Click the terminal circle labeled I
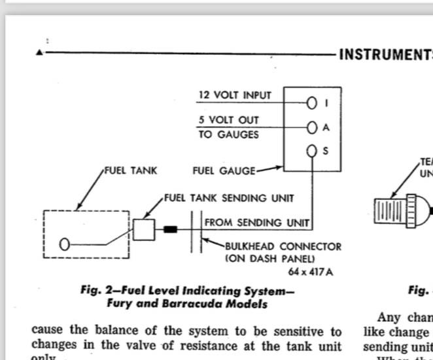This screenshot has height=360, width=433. [x=311, y=103]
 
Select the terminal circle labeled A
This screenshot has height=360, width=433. [x=311, y=127]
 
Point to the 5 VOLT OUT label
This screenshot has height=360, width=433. [x=229, y=120]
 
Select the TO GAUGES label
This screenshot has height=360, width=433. [x=229, y=135]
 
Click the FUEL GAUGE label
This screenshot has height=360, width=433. [x=224, y=171]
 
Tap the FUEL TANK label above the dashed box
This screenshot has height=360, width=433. [x=130, y=171]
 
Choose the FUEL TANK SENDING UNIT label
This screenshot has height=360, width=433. [x=229, y=197]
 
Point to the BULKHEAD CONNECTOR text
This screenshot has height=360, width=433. [x=283, y=247]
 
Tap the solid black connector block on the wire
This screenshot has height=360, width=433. [x=171, y=230]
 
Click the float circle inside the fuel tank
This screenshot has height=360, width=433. [x=64, y=244]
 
